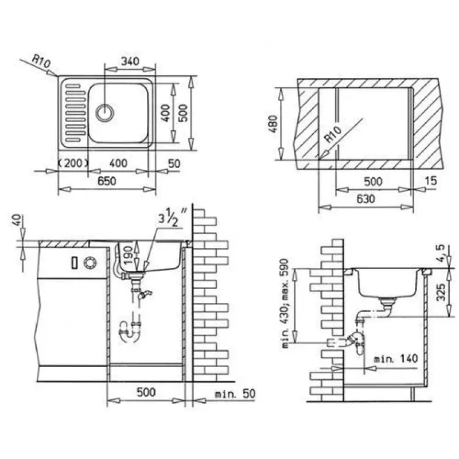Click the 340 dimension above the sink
click(x=130, y=61)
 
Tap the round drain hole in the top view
click(x=104, y=112)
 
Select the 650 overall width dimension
click(x=107, y=181)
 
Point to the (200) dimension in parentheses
click(x=73, y=163)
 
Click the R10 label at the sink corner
click(x=41, y=61)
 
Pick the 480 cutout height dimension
click(x=273, y=124)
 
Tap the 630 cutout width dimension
click(x=365, y=199)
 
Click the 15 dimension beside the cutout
click(x=431, y=181)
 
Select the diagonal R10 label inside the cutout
click(x=334, y=134)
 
